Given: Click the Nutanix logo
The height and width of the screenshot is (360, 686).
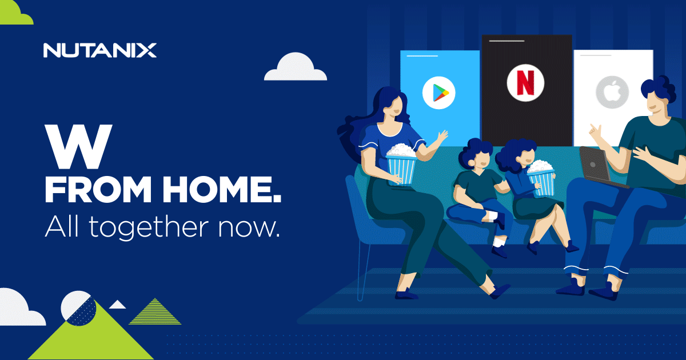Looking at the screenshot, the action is tap(100, 50).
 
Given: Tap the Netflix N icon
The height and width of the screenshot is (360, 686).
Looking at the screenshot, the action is tap(525, 83).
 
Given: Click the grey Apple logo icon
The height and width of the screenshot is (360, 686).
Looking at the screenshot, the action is tap(612, 92).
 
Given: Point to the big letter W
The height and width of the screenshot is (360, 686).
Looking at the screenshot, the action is tap(79, 146).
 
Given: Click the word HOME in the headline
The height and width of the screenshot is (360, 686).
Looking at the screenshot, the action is tap(222, 189).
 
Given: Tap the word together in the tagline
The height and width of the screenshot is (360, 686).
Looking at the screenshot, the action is tap(149, 228).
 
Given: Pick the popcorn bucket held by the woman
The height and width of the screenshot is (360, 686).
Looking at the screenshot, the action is tap(401, 165).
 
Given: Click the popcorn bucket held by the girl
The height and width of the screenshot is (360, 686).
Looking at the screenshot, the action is tap(541, 178).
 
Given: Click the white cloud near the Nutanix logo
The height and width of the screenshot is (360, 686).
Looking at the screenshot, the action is tap(296, 67).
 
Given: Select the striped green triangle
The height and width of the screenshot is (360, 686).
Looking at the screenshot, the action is tap(155, 311).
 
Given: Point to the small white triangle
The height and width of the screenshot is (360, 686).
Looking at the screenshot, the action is tap(117, 305).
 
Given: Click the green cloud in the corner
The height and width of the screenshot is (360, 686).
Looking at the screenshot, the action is tap(15, 12).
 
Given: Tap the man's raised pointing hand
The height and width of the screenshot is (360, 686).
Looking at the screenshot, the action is tap(595, 132).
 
